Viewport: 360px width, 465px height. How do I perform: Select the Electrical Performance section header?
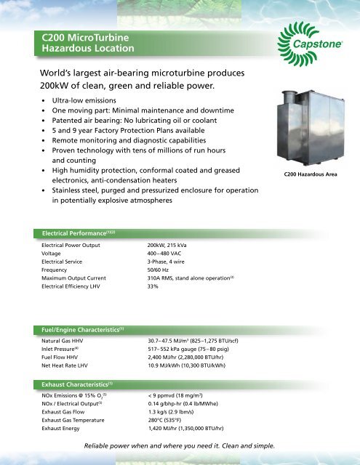pos(81,233)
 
